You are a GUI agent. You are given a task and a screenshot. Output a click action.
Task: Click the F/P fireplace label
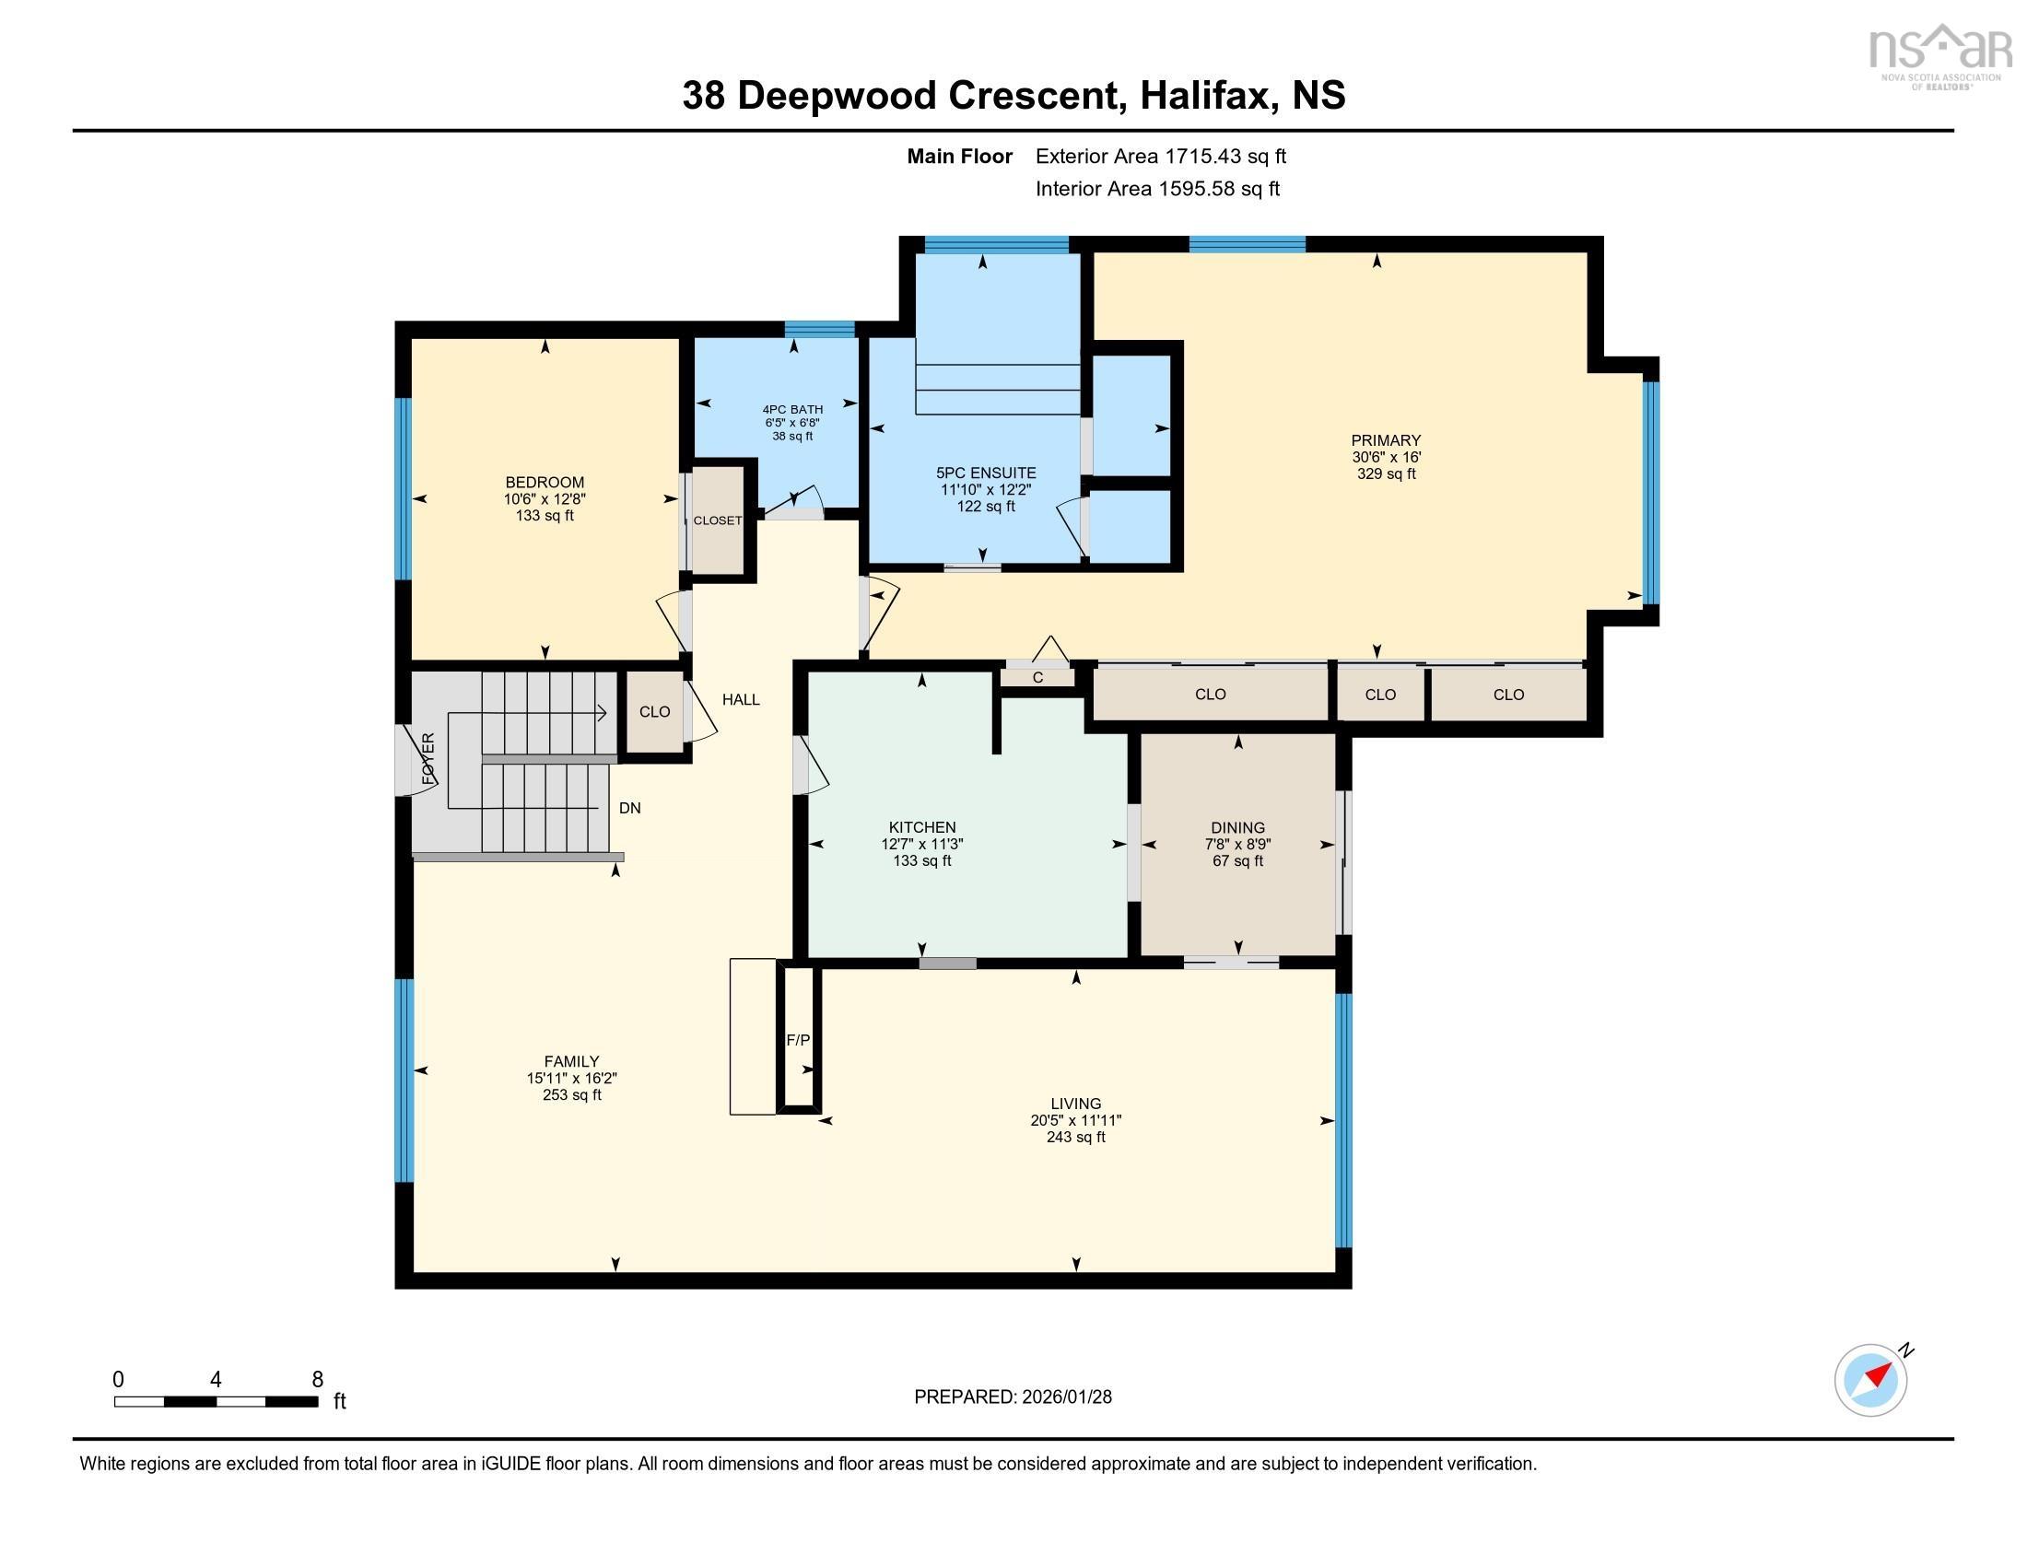797,1040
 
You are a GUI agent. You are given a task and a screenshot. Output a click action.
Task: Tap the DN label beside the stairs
630,808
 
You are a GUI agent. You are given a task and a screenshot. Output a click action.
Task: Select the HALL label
741,699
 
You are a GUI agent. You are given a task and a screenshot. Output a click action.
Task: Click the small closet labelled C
1037,678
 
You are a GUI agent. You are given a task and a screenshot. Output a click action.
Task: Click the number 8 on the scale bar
318,1379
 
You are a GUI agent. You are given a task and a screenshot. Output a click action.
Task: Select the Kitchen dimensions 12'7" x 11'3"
921,844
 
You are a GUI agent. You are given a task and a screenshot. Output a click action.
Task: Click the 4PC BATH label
792,409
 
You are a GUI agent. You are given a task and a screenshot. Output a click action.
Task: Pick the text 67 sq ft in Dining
1237,861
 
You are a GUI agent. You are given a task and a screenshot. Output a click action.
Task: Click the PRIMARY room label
1386,440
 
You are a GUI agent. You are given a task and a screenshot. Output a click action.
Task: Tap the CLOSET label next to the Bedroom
718,520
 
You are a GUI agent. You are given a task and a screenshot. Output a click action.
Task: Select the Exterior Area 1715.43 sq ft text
1160,157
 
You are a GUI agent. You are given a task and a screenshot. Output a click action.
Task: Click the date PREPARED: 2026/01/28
1013,1397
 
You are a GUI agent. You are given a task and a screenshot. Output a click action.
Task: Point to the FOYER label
428,759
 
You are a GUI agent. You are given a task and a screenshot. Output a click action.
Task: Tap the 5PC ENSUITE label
986,473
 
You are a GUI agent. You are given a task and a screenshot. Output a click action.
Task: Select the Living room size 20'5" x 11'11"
1075,1121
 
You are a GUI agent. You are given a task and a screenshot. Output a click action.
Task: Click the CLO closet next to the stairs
654,711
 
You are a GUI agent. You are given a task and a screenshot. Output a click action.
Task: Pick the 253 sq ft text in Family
572,1094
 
